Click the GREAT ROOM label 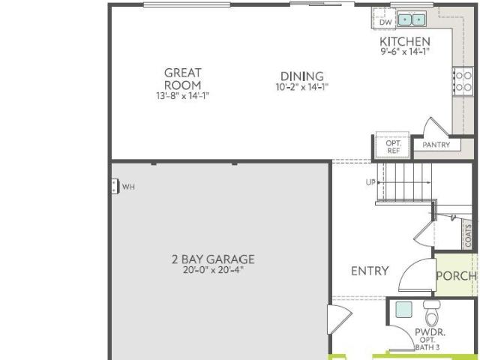(x=183, y=79)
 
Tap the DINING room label (x=302, y=76)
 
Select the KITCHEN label (x=405, y=41)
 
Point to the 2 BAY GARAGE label (x=213, y=259)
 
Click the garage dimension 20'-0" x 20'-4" (x=213, y=270)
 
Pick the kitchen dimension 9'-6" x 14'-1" (x=405, y=51)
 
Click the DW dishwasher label (x=385, y=22)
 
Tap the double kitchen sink (x=412, y=19)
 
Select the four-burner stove (x=463, y=82)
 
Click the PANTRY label (x=436, y=145)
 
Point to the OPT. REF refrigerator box (x=392, y=145)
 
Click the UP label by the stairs (x=370, y=182)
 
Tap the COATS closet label (x=468, y=235)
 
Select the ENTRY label (x=370, y=271)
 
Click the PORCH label (x=457, y=276)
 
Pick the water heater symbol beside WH (x=115, y=186)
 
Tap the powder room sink (x=403, y=310)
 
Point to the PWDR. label (x=430, y=332)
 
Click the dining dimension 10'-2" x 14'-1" (x=302, y=87)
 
